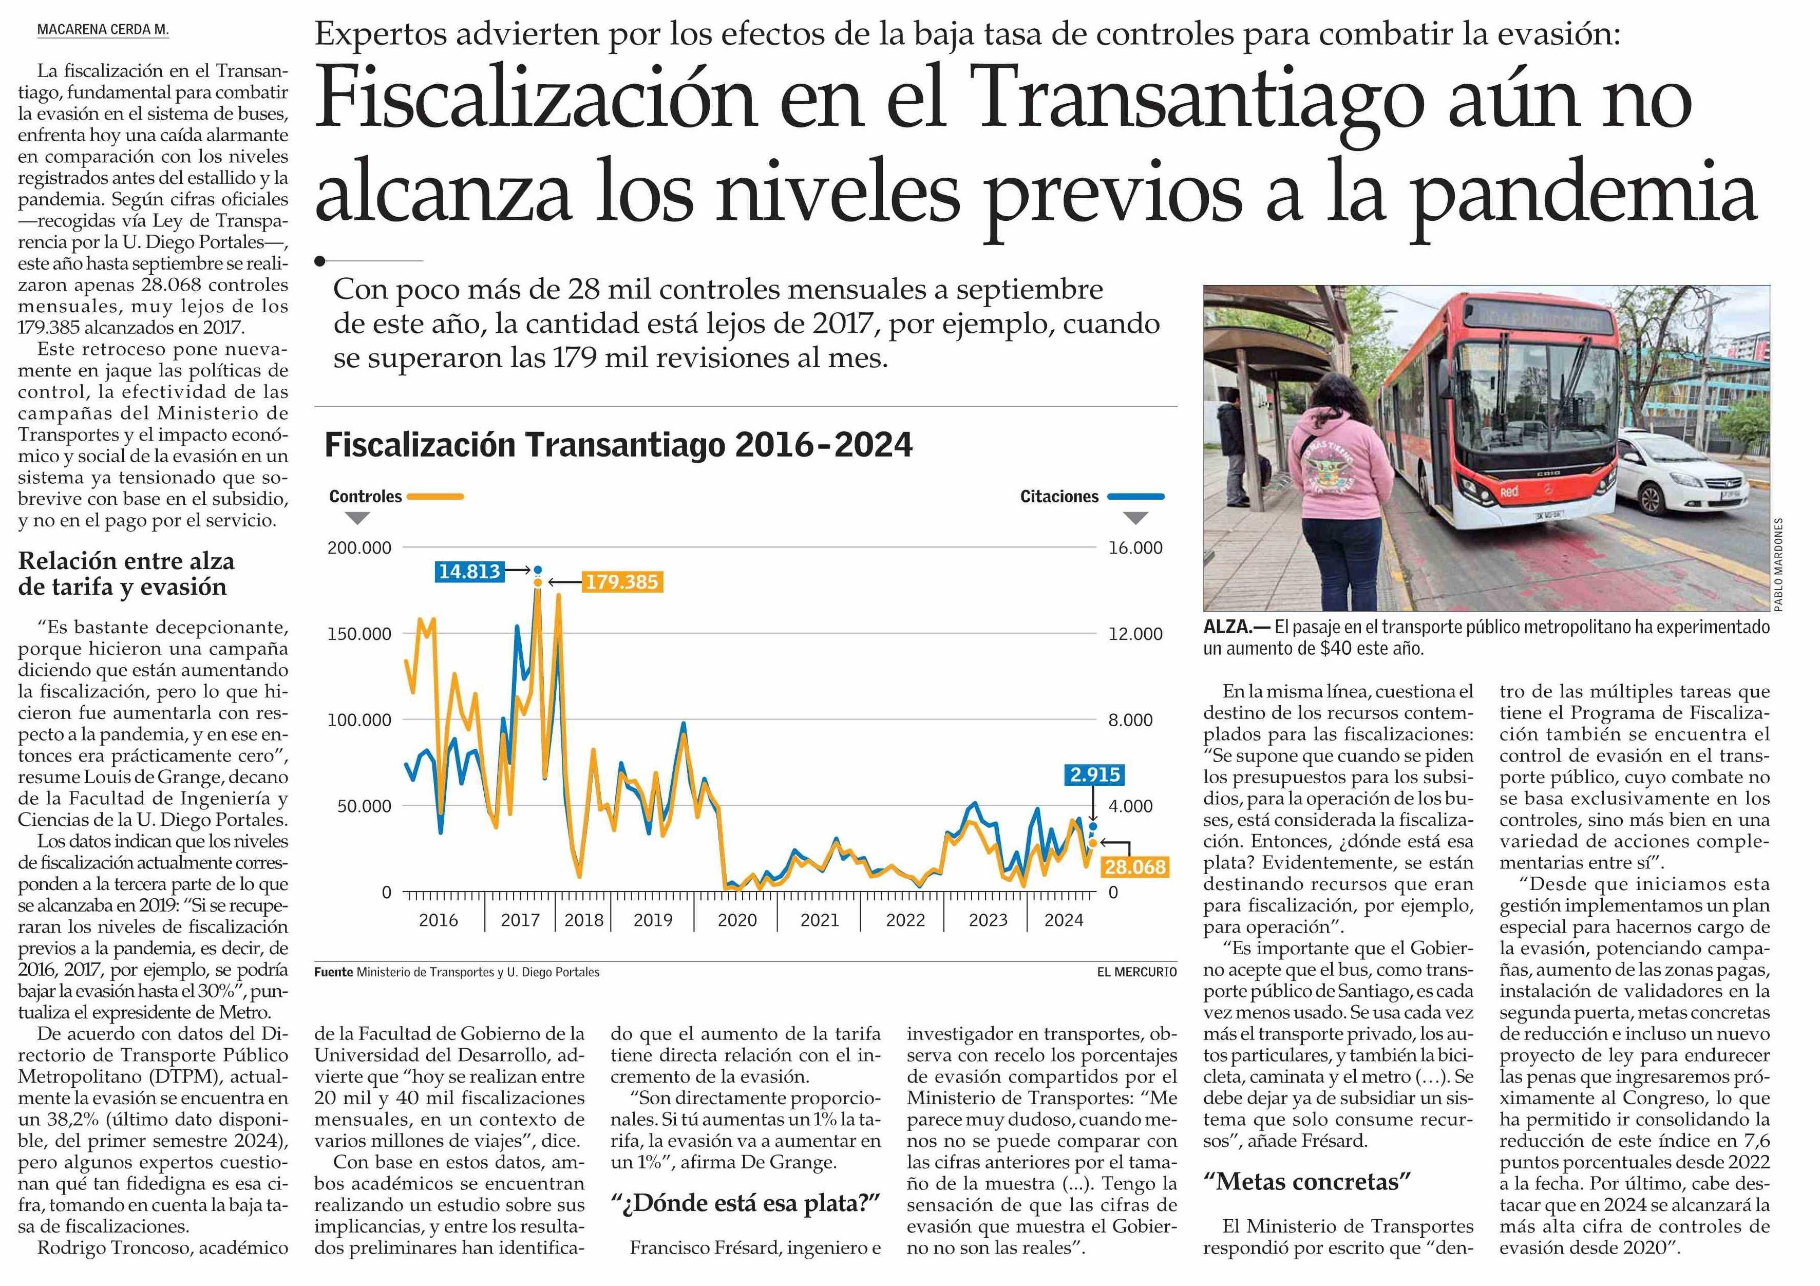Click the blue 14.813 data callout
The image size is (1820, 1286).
(x=469, y=571)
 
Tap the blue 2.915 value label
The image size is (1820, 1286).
(x=1095, y=774)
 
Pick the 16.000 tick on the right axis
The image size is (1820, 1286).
(x=1135, y=548)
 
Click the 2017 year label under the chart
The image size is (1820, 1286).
(x=520, y=920)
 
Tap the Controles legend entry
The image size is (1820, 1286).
(x=366, y=496)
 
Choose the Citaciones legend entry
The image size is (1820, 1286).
(x=1059, y=496)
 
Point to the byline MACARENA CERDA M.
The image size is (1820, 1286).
(x=103, y=30)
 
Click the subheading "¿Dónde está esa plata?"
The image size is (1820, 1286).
(x=746, y=1203)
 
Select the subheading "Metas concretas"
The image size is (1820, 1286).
(x=1306, y=1182)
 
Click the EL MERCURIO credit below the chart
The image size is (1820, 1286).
(x=1136, y=972)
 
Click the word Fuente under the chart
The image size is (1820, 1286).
(x=333, y=972)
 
